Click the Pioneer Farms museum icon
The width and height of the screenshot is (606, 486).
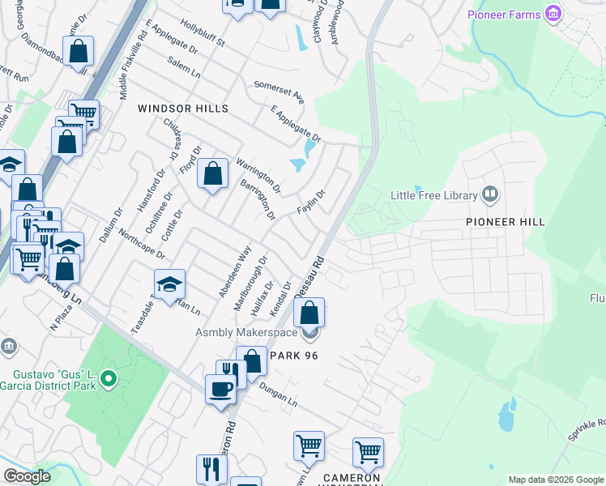pos(554,14)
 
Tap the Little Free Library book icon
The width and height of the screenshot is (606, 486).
pos(489,194)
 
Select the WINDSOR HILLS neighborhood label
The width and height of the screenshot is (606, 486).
pos(182,109)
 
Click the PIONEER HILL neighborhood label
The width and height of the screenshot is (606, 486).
pos(505,221)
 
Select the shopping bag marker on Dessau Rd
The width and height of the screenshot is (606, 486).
pos(309,313)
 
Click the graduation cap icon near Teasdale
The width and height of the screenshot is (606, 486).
pos(170,284)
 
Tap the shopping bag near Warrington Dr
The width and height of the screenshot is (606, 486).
pos(212,173)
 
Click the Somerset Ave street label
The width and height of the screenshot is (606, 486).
pos(279,93)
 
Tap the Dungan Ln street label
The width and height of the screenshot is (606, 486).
pos(278,394)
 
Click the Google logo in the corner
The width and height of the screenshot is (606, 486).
pos(27,476)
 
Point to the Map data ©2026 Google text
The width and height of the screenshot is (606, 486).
pos(555,480)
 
